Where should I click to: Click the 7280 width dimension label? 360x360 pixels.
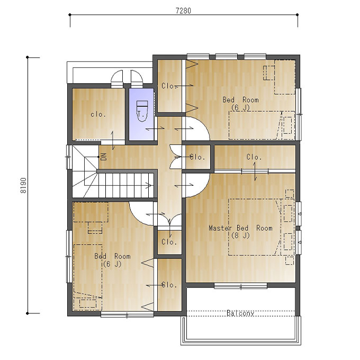(x=183, y=11)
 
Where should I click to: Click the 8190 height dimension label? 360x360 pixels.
(x=23, y=185)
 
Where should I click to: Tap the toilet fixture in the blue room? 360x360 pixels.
(x=142, y=111)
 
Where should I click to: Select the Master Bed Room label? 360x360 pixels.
(x=240, y=228)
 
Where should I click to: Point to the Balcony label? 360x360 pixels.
(x=240, y=313)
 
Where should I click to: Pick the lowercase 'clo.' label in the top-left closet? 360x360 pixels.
(x=98, y=114)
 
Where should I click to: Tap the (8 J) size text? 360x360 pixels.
(x=240, y=236)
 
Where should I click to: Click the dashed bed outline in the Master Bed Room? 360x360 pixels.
(x=255, y=227)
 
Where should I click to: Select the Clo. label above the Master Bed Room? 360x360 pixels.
(x=254, y=157)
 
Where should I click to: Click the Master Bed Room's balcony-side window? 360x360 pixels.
(x=240, y=286)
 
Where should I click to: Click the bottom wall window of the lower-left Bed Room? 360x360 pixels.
(x=127, y=315)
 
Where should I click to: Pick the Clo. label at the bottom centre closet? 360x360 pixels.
(x=169, y=285)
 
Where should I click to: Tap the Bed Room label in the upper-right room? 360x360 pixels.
(x=240, y=100)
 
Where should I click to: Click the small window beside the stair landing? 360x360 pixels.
(x=69, y=157)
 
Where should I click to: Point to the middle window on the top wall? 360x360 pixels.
(x=227, y=56)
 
